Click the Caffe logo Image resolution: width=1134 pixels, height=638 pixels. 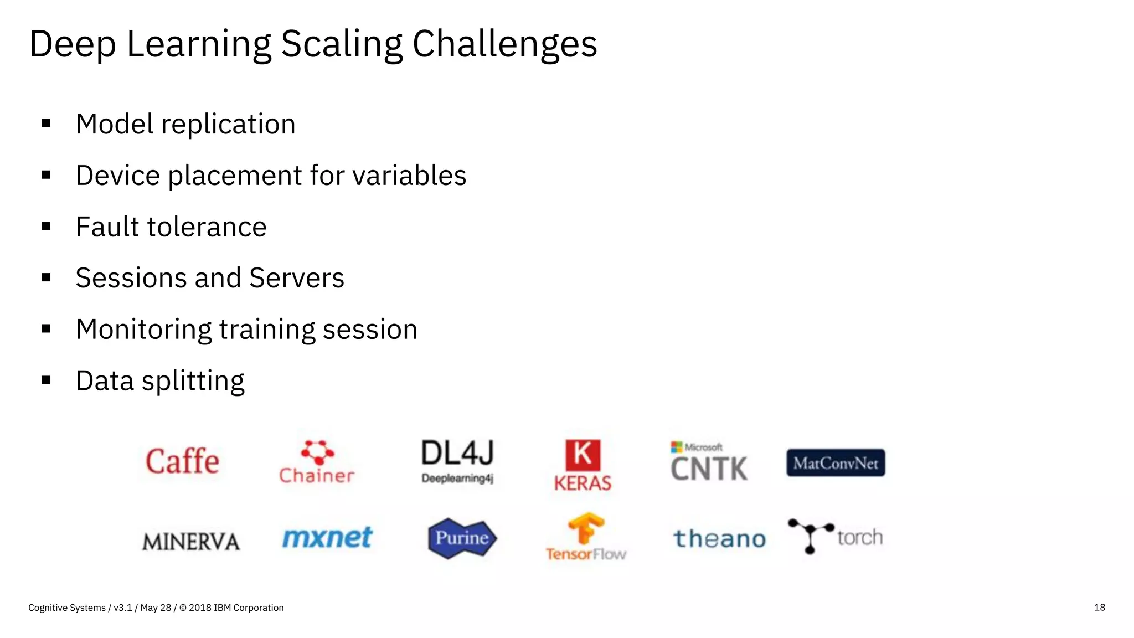click(182, 461)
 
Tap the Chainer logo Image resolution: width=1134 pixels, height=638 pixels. click(316, 462)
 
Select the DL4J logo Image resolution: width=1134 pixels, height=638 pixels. click(457, 461)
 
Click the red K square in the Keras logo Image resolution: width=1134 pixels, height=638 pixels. click(583, 455)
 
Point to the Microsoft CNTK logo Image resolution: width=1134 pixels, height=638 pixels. click(709, 462)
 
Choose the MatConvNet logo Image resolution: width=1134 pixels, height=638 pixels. click(836, 463)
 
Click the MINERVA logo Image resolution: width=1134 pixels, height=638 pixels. click(191, 542)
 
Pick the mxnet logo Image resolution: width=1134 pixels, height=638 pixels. click(327, 538)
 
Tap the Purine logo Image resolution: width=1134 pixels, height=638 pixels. click(462, 538)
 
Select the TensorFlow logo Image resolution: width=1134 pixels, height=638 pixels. click(586, 537)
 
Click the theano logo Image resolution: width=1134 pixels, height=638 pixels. click(720, 539)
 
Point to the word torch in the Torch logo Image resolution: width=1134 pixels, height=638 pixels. click(860, 537)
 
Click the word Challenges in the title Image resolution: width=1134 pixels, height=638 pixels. click(504, 44)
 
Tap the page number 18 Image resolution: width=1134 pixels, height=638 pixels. click(1100, 608)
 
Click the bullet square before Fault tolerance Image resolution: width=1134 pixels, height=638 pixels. click(47, 227)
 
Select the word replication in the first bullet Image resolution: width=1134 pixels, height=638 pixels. click(228, 124)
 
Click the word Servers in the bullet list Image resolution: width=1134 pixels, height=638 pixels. click(297, 278)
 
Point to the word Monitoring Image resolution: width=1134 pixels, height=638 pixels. click(143, 330)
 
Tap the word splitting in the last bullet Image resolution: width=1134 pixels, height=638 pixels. click(193, 381)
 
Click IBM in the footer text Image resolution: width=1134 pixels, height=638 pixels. click(222, 608)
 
